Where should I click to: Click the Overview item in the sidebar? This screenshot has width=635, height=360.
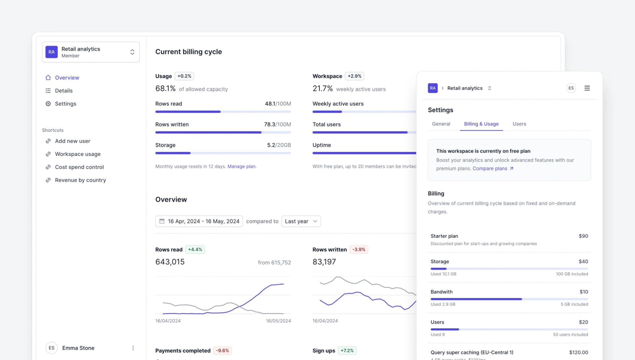point(67,78)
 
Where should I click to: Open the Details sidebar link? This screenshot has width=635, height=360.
point(63,91)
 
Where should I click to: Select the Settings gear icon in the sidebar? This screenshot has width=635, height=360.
point(48,104)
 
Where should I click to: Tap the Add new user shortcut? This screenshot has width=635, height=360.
point(72,141)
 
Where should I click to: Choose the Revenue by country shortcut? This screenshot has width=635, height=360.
point(80,180)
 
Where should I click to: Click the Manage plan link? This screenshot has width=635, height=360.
point(241,167)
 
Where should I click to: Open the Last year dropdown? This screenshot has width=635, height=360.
point(301,221)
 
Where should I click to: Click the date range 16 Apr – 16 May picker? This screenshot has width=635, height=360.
point(199,221)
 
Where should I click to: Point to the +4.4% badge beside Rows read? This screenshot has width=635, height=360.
point(195,250)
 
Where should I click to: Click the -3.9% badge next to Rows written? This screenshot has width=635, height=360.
point(359,250)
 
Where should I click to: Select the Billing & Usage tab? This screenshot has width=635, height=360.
point(481,124)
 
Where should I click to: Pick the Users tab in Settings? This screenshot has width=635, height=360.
point(519,124)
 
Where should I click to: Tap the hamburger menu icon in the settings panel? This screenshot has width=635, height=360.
point(587,88)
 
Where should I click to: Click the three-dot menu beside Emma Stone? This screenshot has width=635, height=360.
point(133,348)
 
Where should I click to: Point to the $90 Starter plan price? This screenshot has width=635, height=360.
point(583,236)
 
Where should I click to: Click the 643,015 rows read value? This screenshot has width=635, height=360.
point(170,262)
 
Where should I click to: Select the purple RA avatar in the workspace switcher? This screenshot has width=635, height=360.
point(52,52)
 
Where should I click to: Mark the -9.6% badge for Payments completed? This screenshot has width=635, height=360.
point(223,351)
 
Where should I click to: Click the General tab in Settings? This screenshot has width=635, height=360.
point(441,124)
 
